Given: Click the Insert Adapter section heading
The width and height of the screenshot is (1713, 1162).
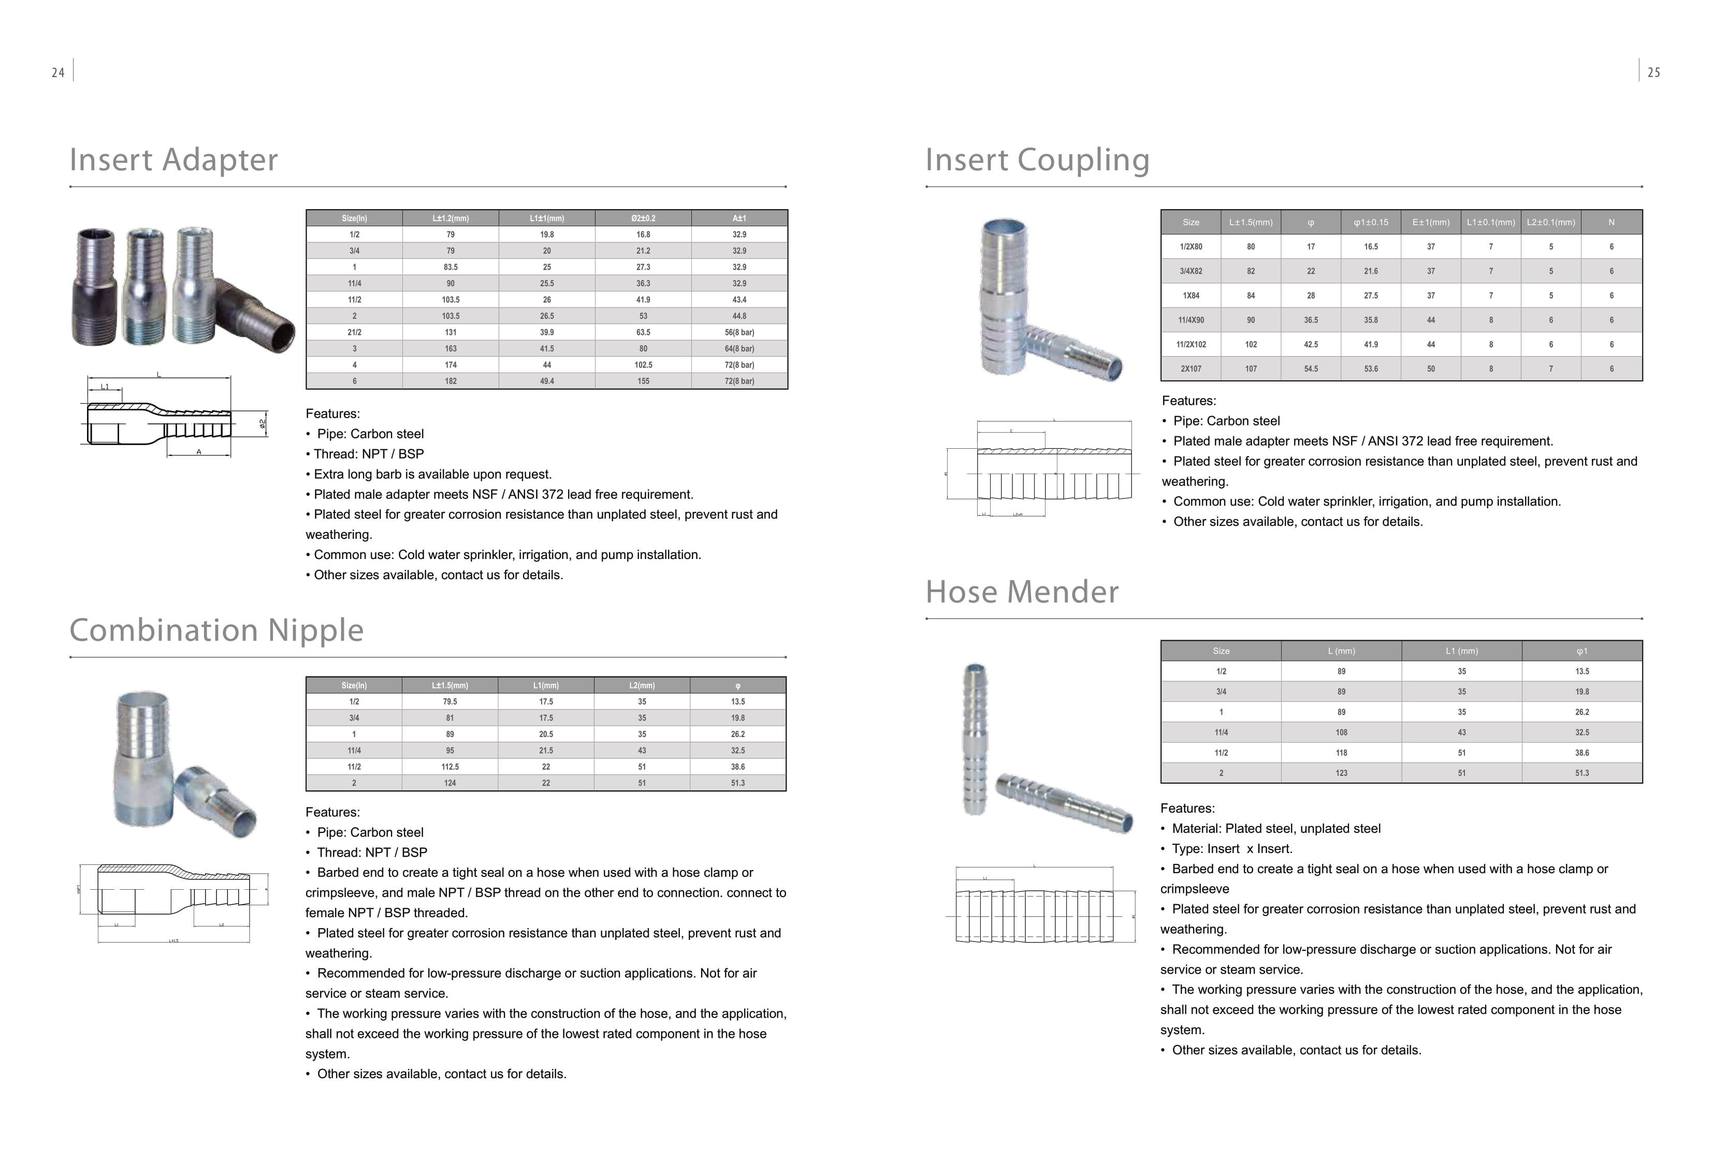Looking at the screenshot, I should pyautogui.click(x=173, y=160).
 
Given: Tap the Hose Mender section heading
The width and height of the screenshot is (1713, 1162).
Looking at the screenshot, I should pyautogui.click(x=1022, y=592).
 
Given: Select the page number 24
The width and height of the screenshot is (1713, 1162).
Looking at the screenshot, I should pyautogui.click(x=58, y=72).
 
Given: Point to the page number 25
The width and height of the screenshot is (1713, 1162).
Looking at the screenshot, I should pyautogui.click(x=1653, y=72).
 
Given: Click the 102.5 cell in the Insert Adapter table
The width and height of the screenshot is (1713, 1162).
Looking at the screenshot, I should pyautogui.click(x=643, y=365).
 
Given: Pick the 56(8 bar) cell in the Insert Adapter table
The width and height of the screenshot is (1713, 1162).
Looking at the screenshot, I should pyautogui.click(x=739, y=332).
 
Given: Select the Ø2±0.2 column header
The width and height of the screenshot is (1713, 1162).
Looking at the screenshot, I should pyautogui.click(x=643, y=218).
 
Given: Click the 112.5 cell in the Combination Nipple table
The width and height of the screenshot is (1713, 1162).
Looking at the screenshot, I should pyautogui.click(x=449, y=767).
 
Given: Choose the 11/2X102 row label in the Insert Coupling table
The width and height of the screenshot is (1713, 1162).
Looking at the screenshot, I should pyautogui.click(x=1191, y=344).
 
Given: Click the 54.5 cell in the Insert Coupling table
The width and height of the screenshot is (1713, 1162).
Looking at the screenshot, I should pyautogui.click(x=1311, y=369).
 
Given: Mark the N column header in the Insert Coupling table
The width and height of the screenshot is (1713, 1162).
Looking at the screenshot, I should pyautogui.click(x=1612, y=222).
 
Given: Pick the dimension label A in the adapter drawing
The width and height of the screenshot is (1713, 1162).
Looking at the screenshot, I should pyautogui.click(x=199, y=452).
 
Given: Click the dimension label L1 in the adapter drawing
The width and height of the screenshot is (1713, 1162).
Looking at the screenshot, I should pyautogui.click(x=105, y=387).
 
